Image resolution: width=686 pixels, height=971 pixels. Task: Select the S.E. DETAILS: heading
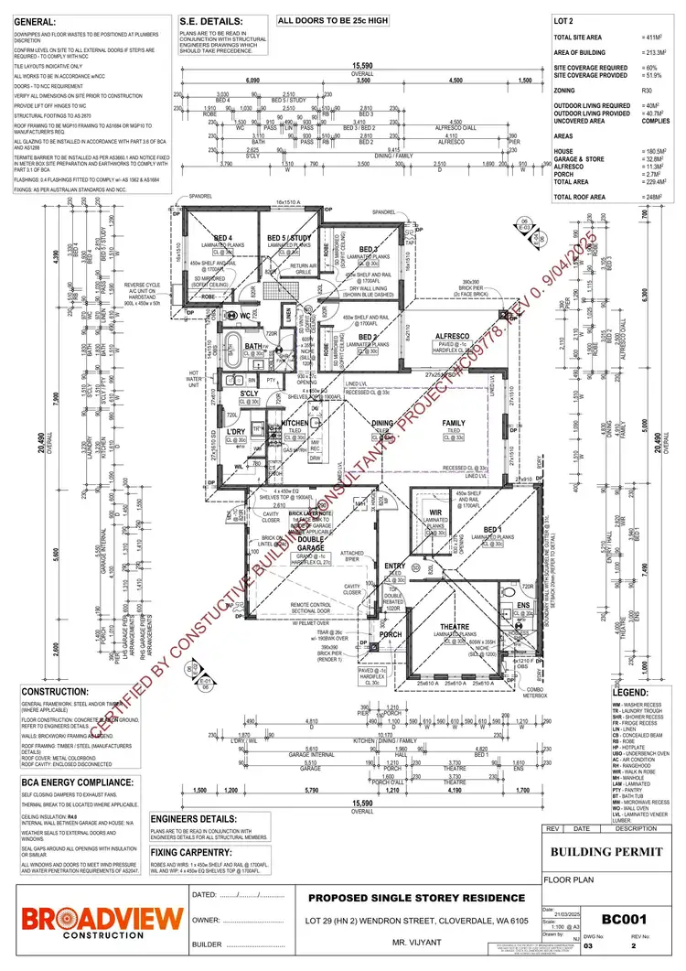pos(211,20)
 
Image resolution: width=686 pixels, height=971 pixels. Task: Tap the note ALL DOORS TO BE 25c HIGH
pos(333,19)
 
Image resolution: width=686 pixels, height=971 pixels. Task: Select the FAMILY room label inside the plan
pos(453,424)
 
